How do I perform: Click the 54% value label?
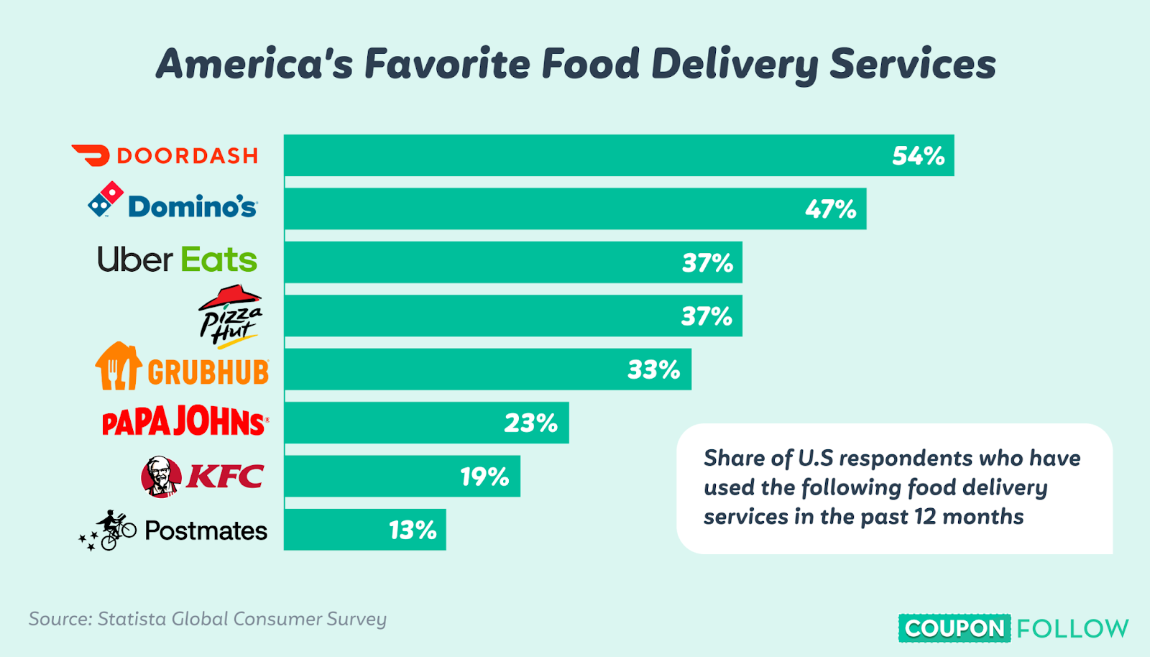point(918,156)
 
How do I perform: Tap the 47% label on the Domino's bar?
point(830,209)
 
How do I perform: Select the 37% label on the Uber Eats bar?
point(707,263)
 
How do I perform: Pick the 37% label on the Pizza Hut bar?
point(707,316)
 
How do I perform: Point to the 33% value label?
point(653,369)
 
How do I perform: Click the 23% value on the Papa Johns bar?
point(530,423)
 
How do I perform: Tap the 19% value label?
point(484,477)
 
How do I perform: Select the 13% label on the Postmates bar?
point(413,530)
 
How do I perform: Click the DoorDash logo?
point(165,155)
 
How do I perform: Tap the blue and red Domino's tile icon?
point(105,199)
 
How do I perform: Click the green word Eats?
point(218,260)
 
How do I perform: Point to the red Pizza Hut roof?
point(230,295)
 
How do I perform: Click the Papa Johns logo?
point(185,422)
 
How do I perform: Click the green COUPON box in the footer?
point(954,628)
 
